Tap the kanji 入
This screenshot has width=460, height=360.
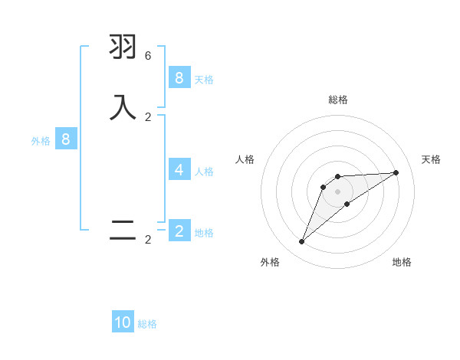tap(123, 106)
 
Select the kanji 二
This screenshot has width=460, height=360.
tap(123, 231)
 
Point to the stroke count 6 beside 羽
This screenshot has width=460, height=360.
tap(148, 56)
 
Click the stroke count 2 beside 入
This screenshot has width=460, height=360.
tap(148, 116)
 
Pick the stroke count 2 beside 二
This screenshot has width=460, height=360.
tap(148, 240)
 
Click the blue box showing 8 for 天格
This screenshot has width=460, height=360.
tap(179, 78)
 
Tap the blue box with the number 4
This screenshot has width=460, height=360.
tap(179, 170)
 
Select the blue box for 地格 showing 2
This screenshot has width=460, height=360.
tap(179, 231)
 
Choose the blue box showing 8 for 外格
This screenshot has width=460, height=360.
tap(66, 139)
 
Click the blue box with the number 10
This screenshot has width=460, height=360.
tap(123, 322)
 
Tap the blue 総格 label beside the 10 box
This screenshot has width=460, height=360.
tap(147, 324)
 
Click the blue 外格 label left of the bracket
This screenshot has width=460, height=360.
tap(41, 141)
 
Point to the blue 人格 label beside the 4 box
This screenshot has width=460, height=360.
tap(204, 172)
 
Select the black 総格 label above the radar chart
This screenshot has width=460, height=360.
tap(338, 100)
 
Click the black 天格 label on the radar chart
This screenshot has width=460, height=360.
tap(431, 159)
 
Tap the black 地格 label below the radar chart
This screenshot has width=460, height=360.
tap(402, 262)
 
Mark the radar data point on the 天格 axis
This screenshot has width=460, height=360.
tap(396, 172)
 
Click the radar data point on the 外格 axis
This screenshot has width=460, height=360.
tap(301, 242)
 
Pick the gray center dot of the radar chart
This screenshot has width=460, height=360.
tap(338, 191)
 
